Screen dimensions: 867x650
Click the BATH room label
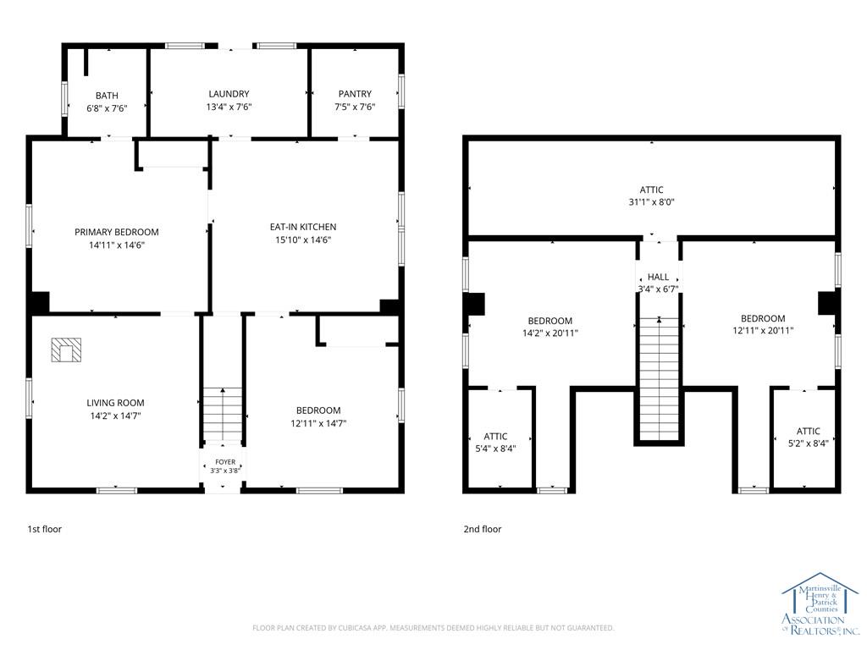[107, 96]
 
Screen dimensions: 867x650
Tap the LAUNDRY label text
[229, 94]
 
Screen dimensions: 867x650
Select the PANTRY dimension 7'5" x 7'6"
[355, 107]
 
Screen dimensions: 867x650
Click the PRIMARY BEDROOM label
[117, 232]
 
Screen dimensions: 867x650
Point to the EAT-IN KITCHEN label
[303, 227]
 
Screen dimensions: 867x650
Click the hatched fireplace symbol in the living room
[66, 350]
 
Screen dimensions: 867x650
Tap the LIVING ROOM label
[115, 403]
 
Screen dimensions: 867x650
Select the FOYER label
[225, 462]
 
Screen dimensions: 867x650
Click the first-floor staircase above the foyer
[223, 414]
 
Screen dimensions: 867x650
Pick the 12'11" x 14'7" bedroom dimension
[318, 423]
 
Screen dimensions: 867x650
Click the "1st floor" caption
[45, 529]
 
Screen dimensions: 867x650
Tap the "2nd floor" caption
[483, 529]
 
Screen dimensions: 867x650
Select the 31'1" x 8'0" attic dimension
[651, 202]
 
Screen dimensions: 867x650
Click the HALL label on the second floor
[658, 277]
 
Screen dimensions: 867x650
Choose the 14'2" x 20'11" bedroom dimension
[550, 333]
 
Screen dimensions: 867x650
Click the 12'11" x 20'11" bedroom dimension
[763, 331]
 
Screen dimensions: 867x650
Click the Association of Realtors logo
[820, 603]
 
